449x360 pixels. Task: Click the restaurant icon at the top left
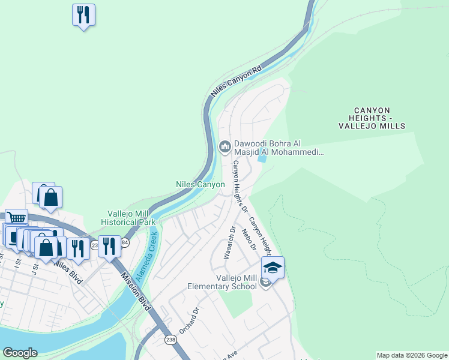pos(83,14)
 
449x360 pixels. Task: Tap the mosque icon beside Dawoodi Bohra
pos(225,146)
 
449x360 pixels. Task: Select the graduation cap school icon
pos(273,267)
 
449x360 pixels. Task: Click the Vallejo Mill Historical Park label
pos(131,218)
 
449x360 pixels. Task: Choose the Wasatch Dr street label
pos(229,242)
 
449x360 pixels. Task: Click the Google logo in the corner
pos(20,353)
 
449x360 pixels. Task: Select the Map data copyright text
pos(412,355)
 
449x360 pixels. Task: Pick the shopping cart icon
pos(17,219)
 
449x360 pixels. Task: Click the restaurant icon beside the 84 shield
pos(109,246)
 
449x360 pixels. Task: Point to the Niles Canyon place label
pos(200,184)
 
